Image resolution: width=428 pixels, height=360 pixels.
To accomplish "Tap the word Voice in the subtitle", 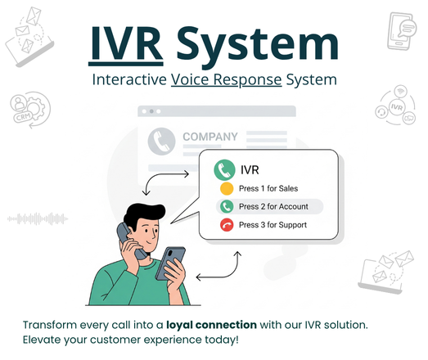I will tap(191, 81).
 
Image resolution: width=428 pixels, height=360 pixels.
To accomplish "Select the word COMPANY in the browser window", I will tap(210, 137).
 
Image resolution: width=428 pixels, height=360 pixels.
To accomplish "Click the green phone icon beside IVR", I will tap(223, 170).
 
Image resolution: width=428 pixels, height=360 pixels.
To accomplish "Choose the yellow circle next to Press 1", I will tap(226, 189).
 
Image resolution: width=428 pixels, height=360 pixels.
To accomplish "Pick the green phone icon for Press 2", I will tap(226, 206).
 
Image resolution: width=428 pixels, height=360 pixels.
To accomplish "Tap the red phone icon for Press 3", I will tap(226, 224).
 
